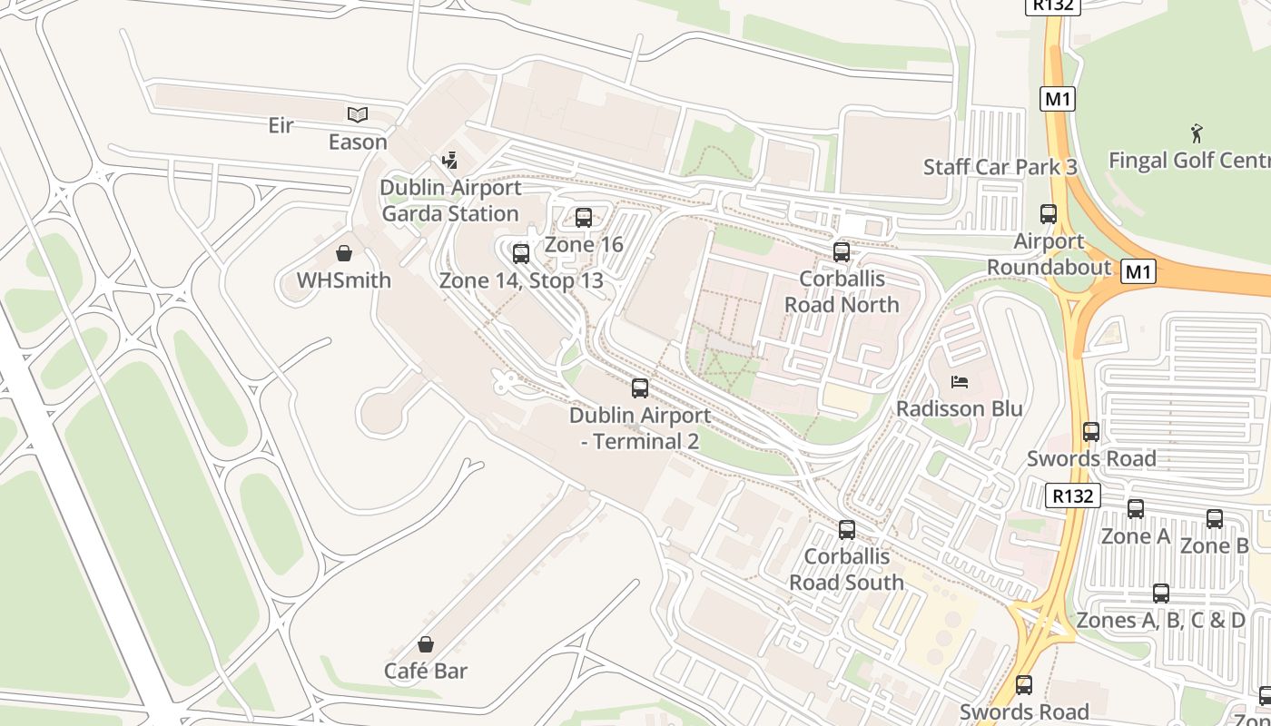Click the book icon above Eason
coord(358,114)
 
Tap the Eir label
coord(281,125)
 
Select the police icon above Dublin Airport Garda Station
coord(449,162)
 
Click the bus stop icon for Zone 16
coord(584,218)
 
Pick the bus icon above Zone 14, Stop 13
coord(521,254)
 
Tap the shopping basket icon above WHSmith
coord(344,253)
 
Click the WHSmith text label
coord(344,280)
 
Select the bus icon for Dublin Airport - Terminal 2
coord(640,388)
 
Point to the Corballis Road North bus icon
coord(842,252)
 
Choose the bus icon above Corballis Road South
coord(847,530)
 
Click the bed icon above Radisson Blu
coord(960,382)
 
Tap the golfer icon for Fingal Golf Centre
coord(1197,133)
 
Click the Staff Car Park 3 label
coord(1000,167)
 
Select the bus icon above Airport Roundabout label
coord(1049,215)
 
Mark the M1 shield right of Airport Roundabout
coord(1138,270)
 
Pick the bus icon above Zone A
coord(1136,509)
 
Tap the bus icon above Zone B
coord(1215,519)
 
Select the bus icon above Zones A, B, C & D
coord(1161,594)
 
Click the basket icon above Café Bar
coord(426,645)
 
